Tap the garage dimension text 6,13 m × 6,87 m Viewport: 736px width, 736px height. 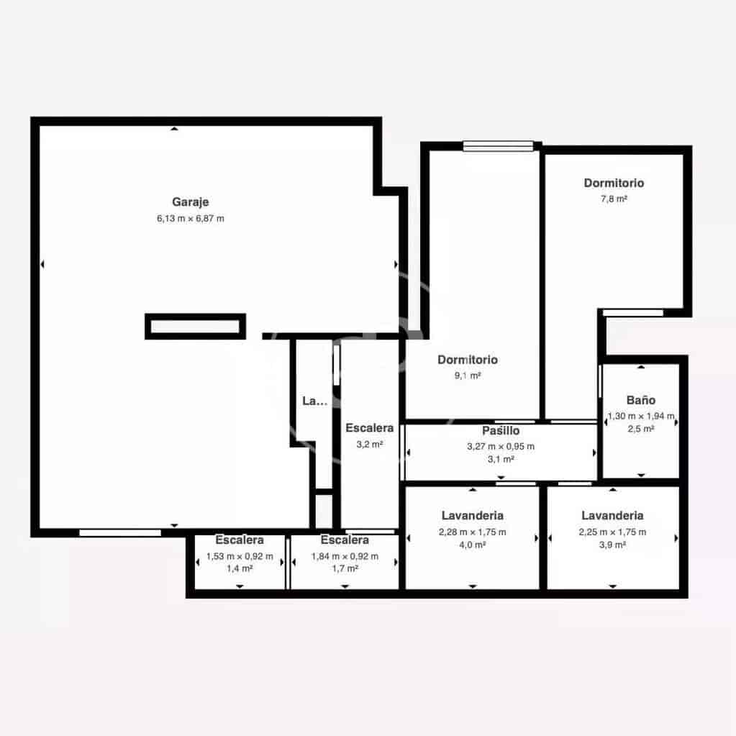click(x=191, y=218)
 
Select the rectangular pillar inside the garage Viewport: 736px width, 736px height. click(x=196, y=327)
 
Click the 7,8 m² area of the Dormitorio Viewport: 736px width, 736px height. click(x=614, y=199)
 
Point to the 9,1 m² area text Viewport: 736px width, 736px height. click(x=468, y=376)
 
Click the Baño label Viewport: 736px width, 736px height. click(x=640, y=401)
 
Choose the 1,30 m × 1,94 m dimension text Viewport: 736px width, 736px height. click(x=640, y=416)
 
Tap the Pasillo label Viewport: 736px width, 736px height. click(x=501, y=431)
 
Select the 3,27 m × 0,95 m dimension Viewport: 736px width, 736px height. click(x=501, y=446)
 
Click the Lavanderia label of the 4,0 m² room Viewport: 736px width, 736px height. click(x=472, y=516)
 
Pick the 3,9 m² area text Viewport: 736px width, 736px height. click(x=612, y=545)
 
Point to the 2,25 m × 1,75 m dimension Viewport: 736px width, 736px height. click(x=612, y=532)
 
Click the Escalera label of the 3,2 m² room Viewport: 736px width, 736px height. click(x=369, y=428)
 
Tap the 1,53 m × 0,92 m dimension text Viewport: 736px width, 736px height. click(x=240, y=556)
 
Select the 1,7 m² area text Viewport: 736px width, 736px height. click(x=345, y=568)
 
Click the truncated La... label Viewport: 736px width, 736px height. click(x=314, y=401)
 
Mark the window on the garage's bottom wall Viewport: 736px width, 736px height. click(x=120, y=532)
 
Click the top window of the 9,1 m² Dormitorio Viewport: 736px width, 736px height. click(x=498, y=146)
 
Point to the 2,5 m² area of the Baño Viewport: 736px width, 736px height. click(x=640, y=429)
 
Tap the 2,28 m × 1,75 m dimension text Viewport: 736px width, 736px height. click(x=472, y=532)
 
